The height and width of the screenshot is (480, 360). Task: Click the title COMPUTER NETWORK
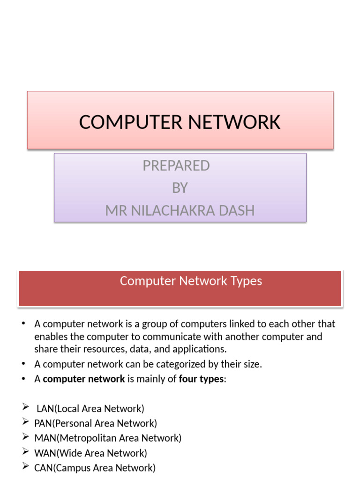pyautogui.click(x=180, y=122)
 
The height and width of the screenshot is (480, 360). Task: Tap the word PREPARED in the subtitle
pyautogui.click(x=176, y=165)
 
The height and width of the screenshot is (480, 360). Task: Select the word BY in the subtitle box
pyautogui.click(x=180, y=188)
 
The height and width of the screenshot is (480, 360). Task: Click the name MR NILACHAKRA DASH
pyautogui.click(x=180, y=210)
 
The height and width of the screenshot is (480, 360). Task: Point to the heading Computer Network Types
pyautogui.click(x=191, y=281)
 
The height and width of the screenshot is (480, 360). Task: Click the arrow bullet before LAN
pyautogui.click(x=26, y=408)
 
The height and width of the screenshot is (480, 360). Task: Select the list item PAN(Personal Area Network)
pyautogui.click(x=96, y=423)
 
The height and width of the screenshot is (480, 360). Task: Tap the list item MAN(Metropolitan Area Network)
pyautogui.click(x=108, y=438)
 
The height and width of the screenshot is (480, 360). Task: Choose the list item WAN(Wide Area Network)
pyautogui.click(x=90, y=453)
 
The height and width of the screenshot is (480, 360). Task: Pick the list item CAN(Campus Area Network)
pyautogui.click(x=95, y=468)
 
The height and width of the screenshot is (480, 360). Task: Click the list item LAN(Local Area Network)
pyautogui.click(x=90, y=408)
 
